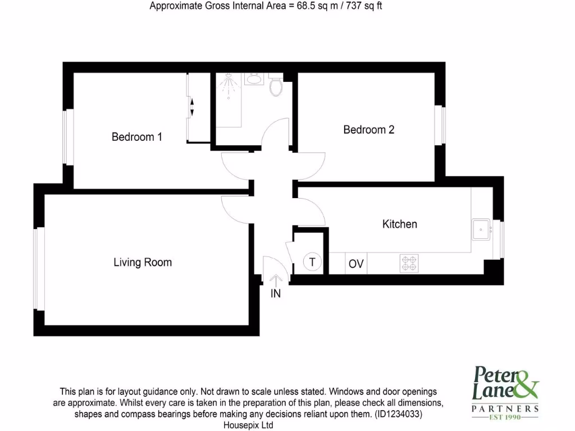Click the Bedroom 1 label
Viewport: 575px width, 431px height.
137,137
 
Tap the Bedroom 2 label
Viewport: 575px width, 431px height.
369,130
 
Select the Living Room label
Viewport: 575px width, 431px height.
143,262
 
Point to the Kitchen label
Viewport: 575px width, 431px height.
400,224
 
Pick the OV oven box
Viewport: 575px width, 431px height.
356,264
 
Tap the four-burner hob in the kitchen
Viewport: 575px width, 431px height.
409,263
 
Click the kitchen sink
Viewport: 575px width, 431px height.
482,229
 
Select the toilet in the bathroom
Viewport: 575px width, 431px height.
276,86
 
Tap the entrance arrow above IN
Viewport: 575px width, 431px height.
276,279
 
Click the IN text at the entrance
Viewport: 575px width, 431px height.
276,293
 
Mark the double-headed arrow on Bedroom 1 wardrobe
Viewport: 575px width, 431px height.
191,107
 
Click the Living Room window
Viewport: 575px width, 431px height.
38,268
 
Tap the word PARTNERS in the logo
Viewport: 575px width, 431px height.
505,408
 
